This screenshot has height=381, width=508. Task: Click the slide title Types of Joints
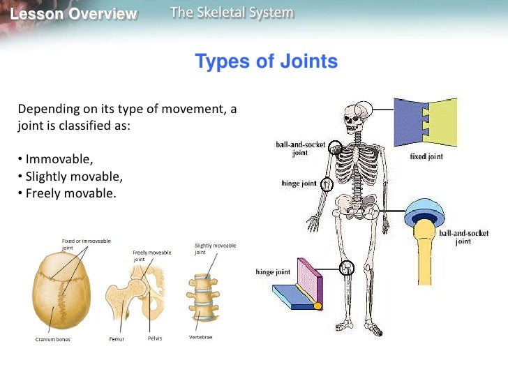[x=266, y=61]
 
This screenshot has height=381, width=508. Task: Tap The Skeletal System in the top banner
[x=232, y=13]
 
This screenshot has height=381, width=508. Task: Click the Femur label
[x=117, y=339]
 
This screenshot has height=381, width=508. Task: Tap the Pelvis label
[x=154, y=339]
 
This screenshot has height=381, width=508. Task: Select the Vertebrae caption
[x=200, y=338]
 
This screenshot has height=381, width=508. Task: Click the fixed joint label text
[x=426, y=157]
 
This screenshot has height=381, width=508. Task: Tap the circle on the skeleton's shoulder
[x=335, y=147]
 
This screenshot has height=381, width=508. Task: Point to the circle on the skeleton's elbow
[x=327, y=184]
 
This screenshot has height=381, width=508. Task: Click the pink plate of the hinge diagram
[x=309, y=276]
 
